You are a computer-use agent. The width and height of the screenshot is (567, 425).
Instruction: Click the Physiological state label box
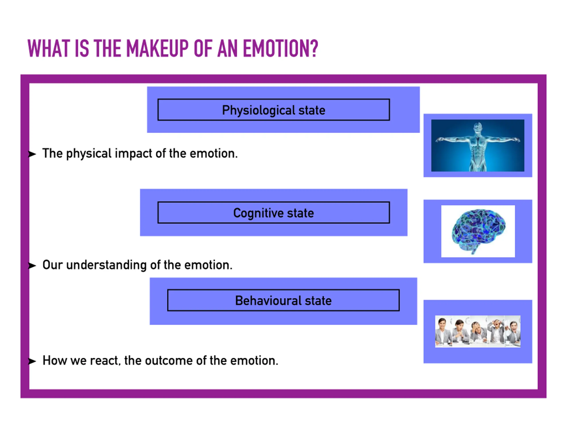pos(274,110)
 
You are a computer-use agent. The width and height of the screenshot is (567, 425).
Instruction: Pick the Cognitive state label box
pos(274,213)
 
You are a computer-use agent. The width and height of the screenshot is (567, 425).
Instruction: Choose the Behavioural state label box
pos(283,300)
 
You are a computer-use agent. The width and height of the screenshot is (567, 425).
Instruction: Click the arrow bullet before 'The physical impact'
pos(32,154)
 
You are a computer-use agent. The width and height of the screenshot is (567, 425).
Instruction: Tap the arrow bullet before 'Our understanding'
pos(32,266)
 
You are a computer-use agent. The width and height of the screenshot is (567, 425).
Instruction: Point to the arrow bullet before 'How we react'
pos(32,361)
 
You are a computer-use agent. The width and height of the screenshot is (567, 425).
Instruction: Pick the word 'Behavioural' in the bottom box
pos(268,301)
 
